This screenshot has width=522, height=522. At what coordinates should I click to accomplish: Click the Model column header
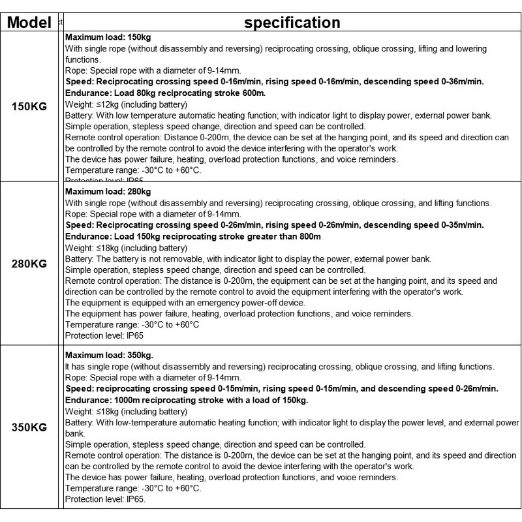click(x=29, y=23)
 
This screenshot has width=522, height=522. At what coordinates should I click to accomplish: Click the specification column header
click(x=292, y=23)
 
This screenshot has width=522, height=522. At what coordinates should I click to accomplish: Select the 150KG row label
click(x=30, y=106)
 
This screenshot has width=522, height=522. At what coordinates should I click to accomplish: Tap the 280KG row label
click(x=30, y=264)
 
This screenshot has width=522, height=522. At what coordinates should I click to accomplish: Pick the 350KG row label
click(x=30, y=428)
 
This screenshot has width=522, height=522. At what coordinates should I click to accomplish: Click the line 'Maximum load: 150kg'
click(x=108, y=37)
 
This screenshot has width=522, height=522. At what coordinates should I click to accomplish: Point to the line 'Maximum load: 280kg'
click(x=108, y=192)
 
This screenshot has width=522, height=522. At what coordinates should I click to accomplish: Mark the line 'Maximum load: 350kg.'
click(x=110, y=356)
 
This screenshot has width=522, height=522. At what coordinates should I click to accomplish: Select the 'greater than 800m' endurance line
click(x=193, y=236)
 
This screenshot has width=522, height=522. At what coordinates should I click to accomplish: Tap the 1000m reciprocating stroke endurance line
click(x=187, y=400)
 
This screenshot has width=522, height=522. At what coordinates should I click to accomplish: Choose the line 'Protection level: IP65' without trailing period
click(x=104, y=335)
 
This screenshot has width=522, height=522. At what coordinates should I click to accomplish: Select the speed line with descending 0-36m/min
click(x=275, y=82)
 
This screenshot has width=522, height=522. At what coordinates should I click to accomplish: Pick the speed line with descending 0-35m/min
click(x=275, y=225)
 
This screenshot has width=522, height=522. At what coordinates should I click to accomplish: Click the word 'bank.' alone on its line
click(x=76, y=433)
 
